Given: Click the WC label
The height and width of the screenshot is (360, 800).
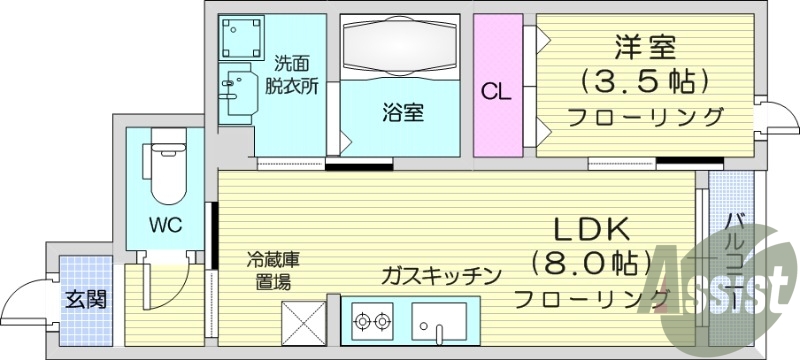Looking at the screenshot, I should (164, 225).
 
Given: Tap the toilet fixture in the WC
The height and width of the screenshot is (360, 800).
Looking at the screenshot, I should (163, 170).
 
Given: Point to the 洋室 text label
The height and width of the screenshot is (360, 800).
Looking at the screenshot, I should (645, 47).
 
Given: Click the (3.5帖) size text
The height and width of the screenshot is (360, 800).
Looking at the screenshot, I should (645, 79).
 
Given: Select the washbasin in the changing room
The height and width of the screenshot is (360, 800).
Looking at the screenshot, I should (236, 89).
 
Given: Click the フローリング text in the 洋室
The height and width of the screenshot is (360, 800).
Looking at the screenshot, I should (645, 117).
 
